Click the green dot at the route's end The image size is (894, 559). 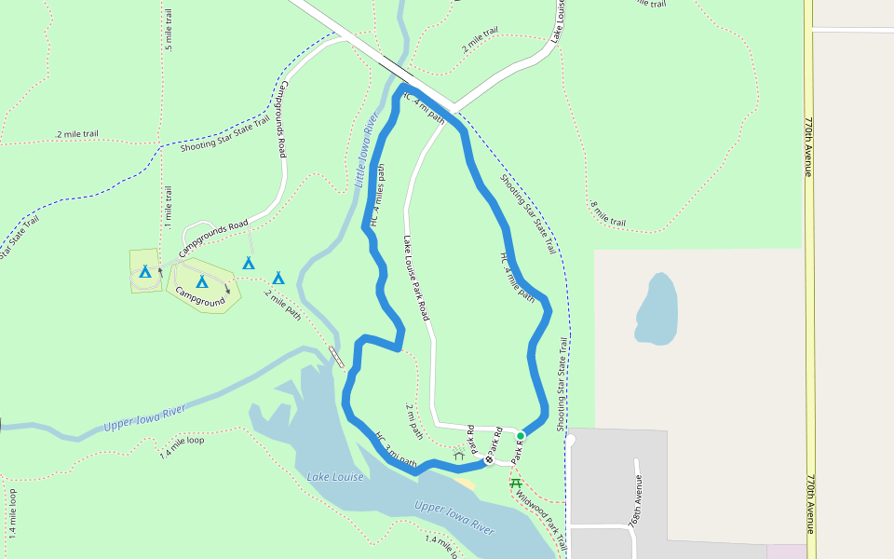tap(521, 435)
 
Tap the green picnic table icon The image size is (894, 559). tap(516, 483)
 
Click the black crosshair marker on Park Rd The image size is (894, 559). tap(489, 459)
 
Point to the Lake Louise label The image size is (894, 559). tap(335, 477)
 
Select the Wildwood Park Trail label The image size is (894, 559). tap(541, 513)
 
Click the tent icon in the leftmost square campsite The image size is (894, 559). tap(144, 272)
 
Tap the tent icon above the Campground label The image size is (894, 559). tap(202, 281)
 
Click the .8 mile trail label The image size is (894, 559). tap(607, 214)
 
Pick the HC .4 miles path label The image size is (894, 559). tap(377, 197)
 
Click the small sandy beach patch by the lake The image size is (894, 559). tap(467, 482)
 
